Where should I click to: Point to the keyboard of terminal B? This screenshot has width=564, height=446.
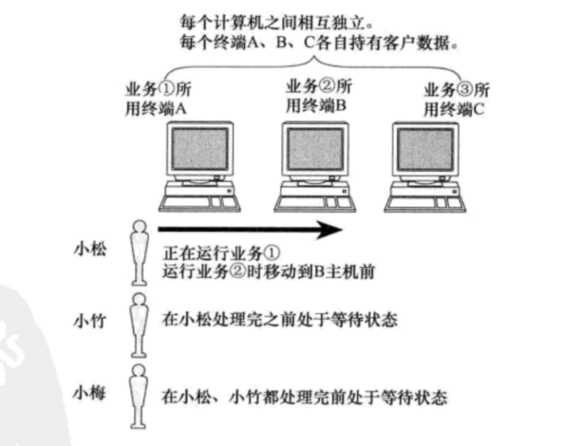pos(299,202)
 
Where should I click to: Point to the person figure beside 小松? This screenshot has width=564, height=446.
pos(139,252)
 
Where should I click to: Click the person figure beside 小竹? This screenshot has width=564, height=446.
pos(139,324)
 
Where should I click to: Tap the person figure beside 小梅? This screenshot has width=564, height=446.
pos(139,396)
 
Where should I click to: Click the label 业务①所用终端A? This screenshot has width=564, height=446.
pos(156,99)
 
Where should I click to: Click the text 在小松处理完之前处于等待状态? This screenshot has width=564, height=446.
pos(280,320)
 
